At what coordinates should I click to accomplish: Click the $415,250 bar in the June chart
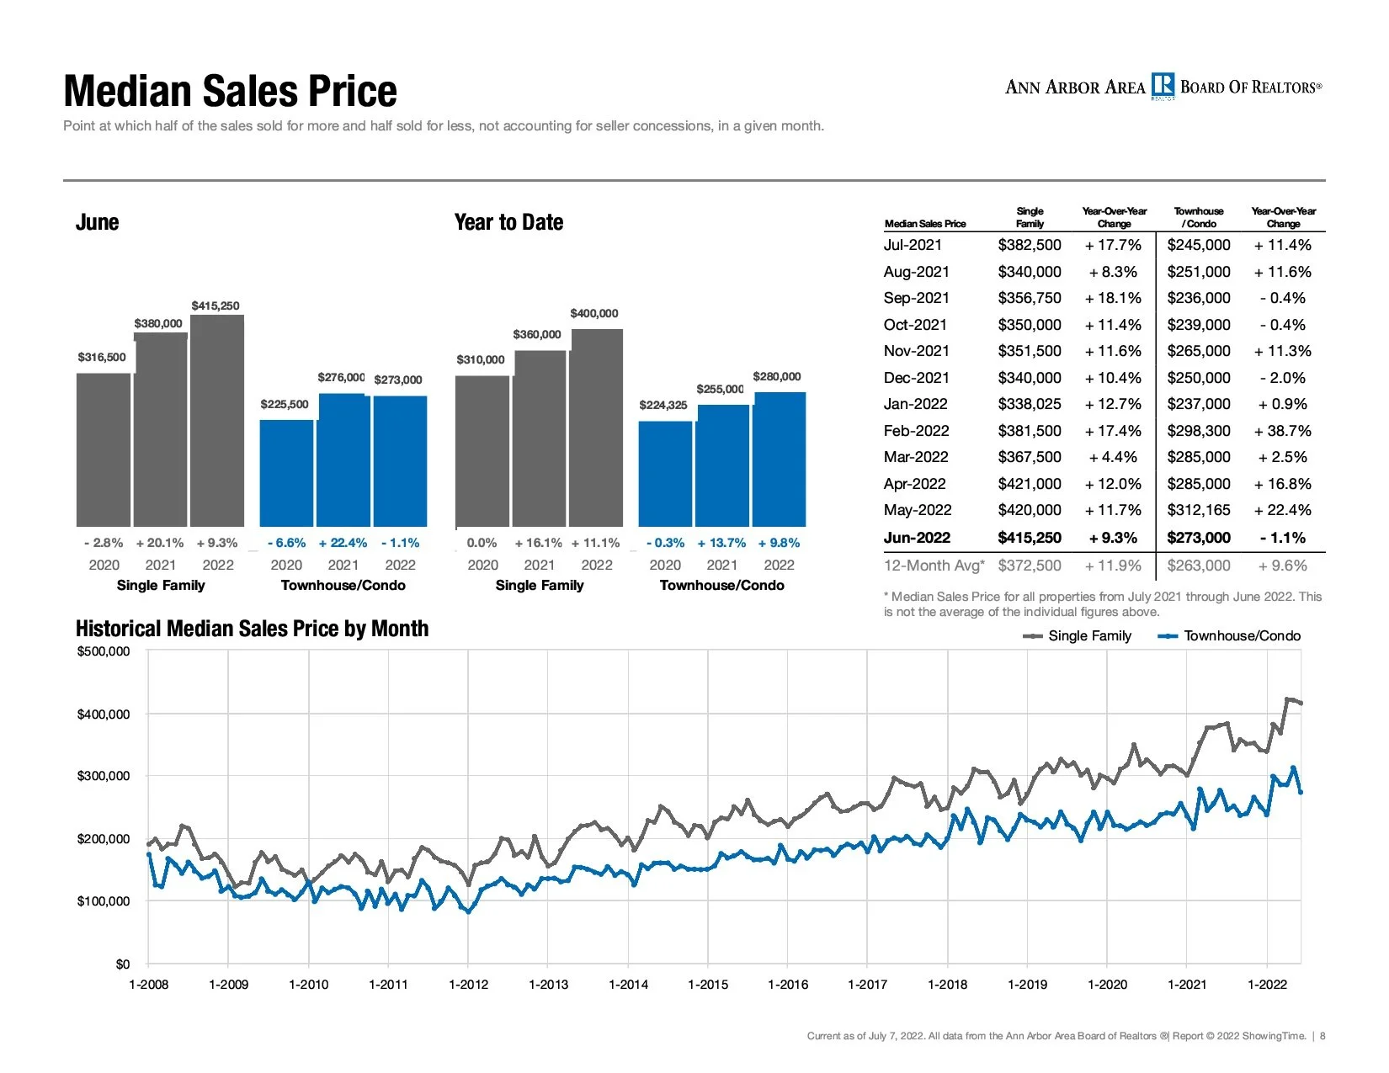217,421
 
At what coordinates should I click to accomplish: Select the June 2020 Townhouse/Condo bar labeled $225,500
286,473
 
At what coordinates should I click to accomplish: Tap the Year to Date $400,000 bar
596,428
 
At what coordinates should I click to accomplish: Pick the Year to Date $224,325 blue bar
665,474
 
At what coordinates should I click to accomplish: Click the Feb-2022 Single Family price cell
1029,431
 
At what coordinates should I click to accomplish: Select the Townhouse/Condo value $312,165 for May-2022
1199,510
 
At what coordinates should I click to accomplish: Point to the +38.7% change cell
1282,431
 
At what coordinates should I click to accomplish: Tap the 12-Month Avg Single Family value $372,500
1029,566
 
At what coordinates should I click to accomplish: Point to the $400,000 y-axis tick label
104,714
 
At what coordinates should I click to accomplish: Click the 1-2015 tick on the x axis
708,984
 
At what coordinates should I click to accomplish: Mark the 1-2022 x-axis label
1267,984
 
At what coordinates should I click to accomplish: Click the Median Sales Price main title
230,91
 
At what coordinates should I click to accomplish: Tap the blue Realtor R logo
1163,86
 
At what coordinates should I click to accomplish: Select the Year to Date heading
508,222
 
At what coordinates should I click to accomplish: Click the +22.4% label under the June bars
343,543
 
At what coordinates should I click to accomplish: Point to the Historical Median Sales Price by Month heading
252,629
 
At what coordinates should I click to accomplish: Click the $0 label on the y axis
122,964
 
